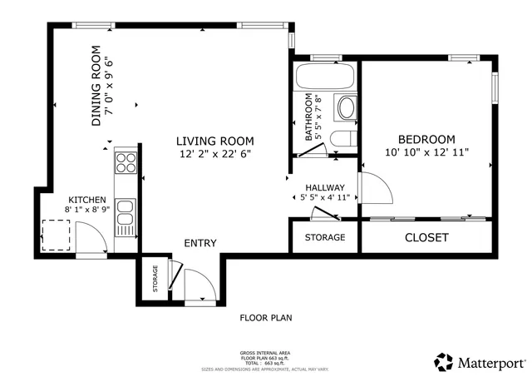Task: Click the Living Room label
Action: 215,141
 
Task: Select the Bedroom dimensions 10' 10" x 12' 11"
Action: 427,152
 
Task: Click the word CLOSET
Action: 426,238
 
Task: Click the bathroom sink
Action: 345,108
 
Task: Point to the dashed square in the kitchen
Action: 57,234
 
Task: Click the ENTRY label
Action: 200,243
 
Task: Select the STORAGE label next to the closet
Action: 324,238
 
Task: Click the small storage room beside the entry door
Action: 154,280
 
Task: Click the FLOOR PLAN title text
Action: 266,317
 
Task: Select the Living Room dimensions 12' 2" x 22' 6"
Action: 215,154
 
